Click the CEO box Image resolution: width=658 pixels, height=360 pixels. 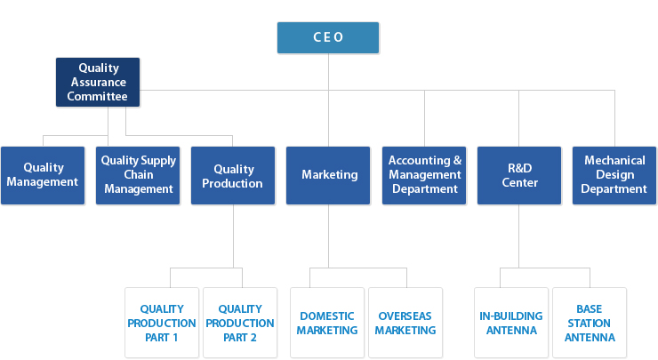[328, 37]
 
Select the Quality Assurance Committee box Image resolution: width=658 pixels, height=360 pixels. [98, 83]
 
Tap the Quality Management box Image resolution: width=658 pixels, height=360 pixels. [43, 175]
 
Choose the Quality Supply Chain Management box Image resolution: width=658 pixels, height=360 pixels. [138, 175]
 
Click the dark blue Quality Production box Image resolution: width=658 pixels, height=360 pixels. [233, 175]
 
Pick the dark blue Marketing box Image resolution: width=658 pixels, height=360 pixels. [328, 175]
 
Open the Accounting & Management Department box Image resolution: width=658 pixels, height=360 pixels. [424, 175]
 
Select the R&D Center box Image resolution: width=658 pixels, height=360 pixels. [519, 175]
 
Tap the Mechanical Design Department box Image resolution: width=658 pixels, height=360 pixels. [614, 175]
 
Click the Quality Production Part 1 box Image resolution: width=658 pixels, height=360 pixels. [162, 323]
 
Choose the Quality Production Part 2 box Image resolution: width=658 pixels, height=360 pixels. [240, 323]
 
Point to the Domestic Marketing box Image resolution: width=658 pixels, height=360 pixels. [327, 323]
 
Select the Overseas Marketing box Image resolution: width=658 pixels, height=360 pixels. [405, 323]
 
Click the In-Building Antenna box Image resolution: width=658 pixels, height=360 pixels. [511, 323]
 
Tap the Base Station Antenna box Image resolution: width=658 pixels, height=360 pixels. [590, 323]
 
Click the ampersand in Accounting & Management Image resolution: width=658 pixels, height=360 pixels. [457, 160]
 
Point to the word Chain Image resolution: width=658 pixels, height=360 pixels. [139, 174]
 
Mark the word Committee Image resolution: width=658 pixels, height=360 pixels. [97, 97]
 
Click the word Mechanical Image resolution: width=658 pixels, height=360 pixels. [614, 160]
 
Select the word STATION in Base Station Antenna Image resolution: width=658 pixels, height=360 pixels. [590, 324]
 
